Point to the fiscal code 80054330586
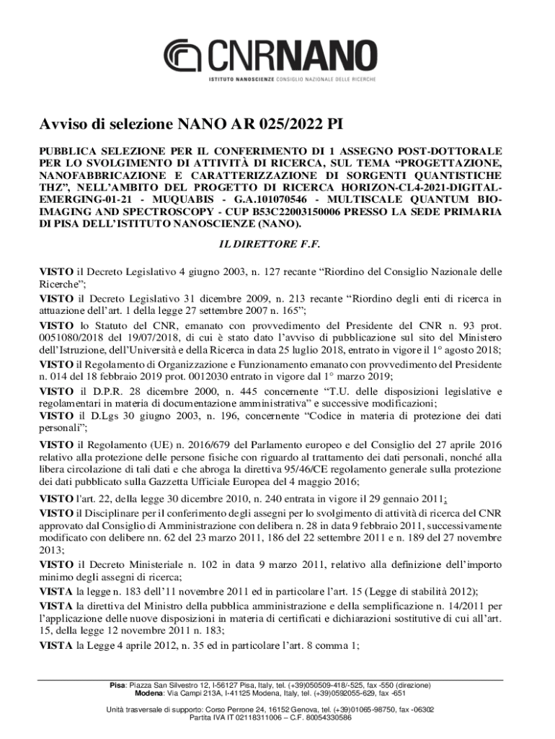point(327,718)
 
